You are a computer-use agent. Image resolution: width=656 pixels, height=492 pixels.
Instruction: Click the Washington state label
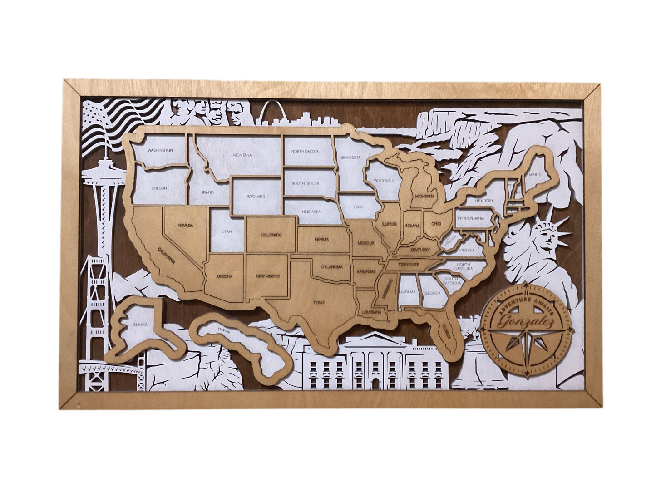point(160,150)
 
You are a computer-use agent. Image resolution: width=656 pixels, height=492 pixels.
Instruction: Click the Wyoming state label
point(256,197)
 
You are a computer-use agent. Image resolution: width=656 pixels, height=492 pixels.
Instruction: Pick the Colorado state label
point(271,235)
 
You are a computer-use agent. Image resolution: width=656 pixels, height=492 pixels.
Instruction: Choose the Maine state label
point(535,174)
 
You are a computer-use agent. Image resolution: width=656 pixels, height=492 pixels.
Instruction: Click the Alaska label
point(140,325)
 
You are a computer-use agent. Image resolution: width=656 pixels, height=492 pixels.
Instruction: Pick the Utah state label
point(227,231)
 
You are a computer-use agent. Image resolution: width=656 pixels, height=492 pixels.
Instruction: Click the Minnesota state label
point(350,157)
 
